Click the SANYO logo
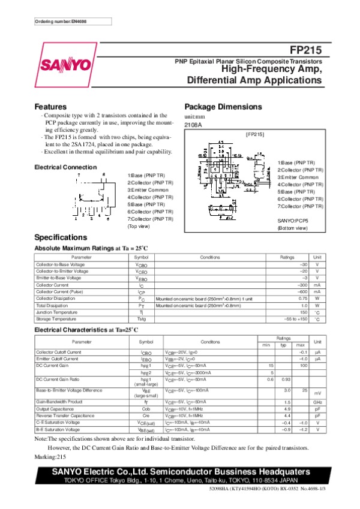[67, 65]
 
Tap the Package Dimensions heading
[223, 107]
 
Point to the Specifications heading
[61, 237]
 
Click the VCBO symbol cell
[141, 264]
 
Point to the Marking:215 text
[53, 456]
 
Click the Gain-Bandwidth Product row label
[59, 401]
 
